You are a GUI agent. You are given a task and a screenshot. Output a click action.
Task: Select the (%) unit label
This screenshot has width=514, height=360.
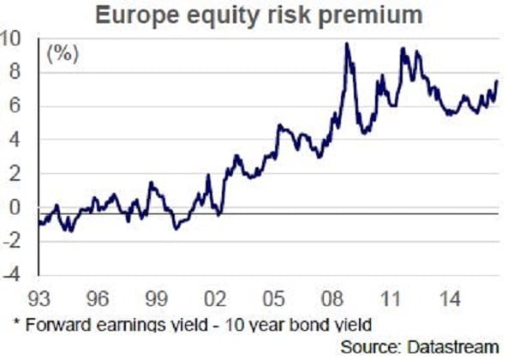(63, 56)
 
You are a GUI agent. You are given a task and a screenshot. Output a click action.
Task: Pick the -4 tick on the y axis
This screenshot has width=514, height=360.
(13, 275)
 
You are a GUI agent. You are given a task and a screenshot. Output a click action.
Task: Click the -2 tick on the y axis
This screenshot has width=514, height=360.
(13, 242)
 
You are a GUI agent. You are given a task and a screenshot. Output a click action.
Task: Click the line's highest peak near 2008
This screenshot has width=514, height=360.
(347, 44)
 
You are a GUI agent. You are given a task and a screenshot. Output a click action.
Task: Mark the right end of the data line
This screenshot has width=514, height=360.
(498, 81)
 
